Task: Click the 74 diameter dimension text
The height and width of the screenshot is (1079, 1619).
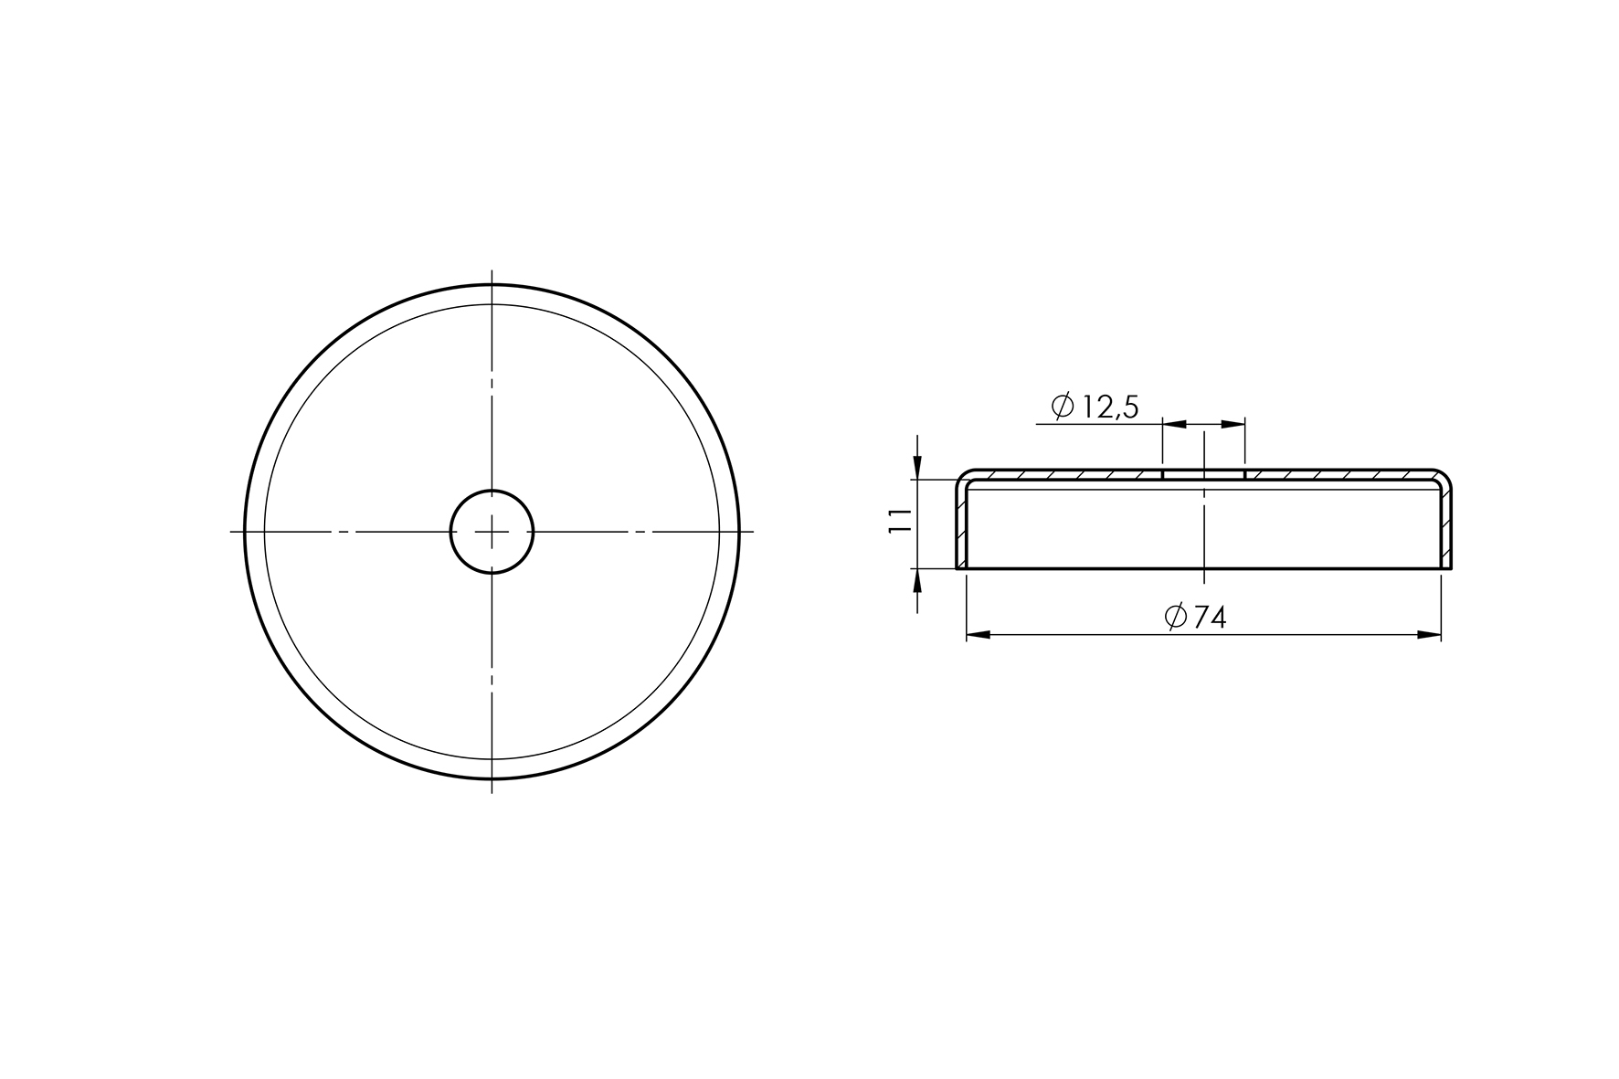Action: pos(1209,618)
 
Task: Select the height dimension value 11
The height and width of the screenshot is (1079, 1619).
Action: pos(901,521)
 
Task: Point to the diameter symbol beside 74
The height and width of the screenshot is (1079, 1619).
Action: pos(1176,618)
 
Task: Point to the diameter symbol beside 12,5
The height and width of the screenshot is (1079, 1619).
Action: pos(1063,407)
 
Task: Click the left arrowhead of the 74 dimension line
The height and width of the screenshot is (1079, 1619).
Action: pos(977,634)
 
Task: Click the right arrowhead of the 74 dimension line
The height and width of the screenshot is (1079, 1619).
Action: pos(1430,634)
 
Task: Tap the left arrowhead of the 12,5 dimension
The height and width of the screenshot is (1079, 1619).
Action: pos(1173,424)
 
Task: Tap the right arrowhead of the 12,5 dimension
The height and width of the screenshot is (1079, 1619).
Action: pos(1233,424)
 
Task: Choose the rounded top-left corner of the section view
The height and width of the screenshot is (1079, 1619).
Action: pos(964,477)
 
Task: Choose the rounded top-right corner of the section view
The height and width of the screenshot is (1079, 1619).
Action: pos(1444,477)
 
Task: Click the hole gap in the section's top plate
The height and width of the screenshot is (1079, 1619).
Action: pos(1203,475)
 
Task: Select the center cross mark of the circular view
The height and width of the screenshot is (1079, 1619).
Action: pos(492,531)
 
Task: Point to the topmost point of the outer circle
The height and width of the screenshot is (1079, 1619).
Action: pos(492,285)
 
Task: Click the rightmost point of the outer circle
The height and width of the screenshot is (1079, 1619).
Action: pos(738,531)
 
